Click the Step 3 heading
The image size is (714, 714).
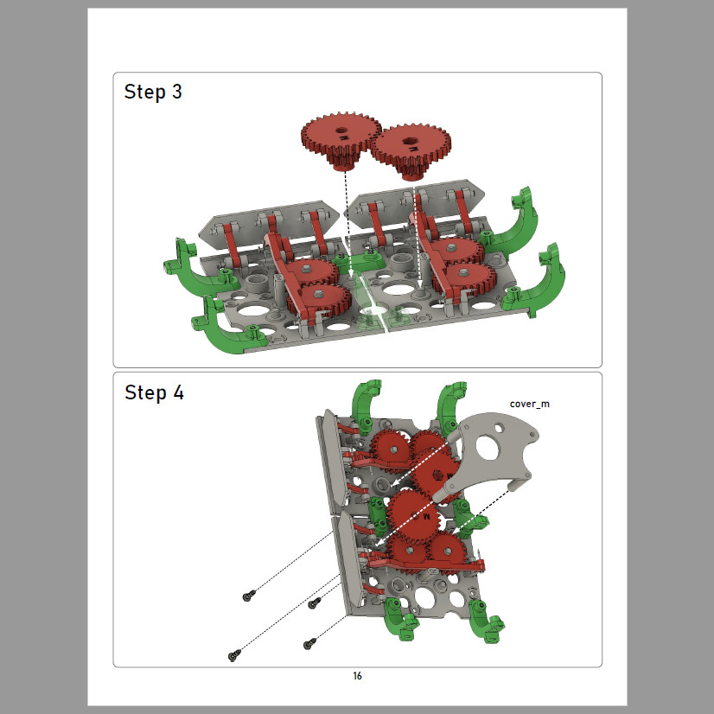pos(153,92)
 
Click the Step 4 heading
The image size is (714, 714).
pos(154,392)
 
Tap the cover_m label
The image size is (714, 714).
pos(530,404)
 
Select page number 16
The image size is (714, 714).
pos(358,676)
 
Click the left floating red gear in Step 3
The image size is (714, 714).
pos(341,139)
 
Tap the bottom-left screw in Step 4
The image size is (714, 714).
pos(234,656)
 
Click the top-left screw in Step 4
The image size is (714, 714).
pos(249,595)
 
